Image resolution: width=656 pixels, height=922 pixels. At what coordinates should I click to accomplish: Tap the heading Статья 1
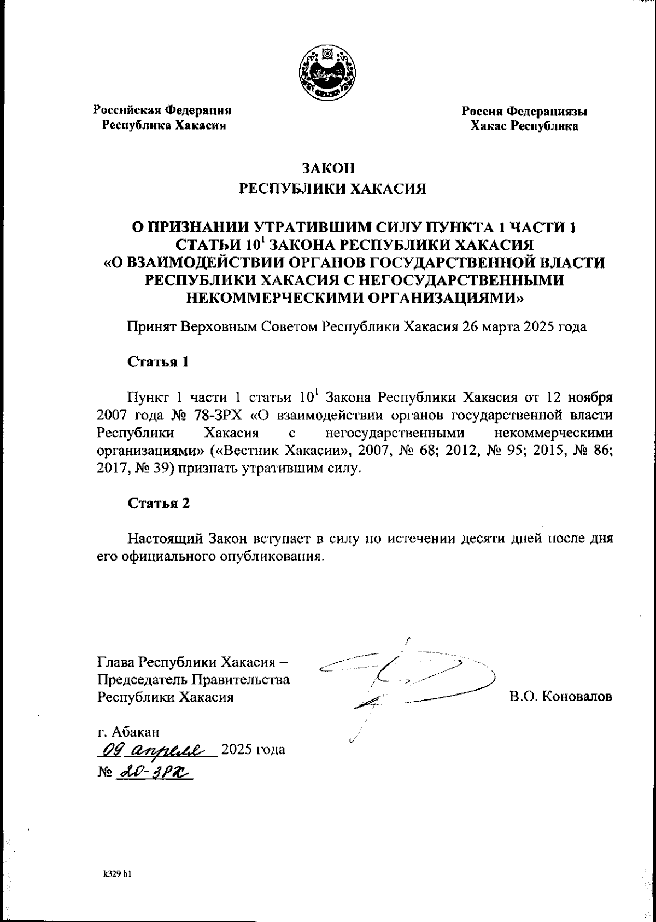tap(159, 362)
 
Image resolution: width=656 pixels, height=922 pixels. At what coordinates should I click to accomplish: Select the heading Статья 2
tap(159, 503)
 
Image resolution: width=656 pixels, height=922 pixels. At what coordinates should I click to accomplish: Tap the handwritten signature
tap(405, 684)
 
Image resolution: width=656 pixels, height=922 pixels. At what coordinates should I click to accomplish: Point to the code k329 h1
tap(118, 874)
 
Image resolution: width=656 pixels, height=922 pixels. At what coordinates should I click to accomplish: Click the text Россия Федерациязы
tap(525, 112)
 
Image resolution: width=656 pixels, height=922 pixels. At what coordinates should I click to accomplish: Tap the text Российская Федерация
tap(163, 110)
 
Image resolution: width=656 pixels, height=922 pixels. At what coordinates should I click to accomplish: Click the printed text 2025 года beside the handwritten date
tap(254, 749)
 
